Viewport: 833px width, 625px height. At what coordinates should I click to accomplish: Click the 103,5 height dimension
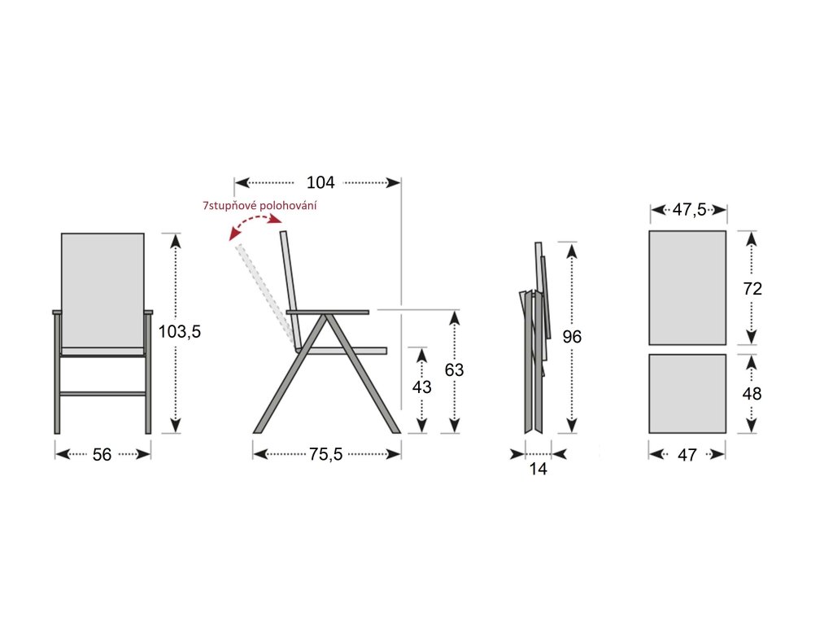(x=180, y=332)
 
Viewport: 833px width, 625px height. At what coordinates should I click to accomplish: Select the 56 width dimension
(x=102, y=454)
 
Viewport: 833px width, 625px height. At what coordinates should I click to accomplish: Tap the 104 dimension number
(x=321, y=182)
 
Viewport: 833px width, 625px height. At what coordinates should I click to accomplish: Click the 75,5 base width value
(x=325, y=454)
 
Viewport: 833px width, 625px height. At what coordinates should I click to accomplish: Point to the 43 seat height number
(x=422, y=387)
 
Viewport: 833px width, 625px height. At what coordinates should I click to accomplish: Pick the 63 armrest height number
(x=454, y=369)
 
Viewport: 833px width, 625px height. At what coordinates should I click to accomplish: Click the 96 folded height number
(x=572, y=336)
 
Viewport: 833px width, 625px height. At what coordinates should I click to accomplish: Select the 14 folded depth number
(x=539, y=469)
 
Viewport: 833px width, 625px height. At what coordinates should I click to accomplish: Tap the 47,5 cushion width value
(x=689, y=209)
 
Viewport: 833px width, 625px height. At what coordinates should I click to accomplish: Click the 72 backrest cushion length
(x=752, y=288)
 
